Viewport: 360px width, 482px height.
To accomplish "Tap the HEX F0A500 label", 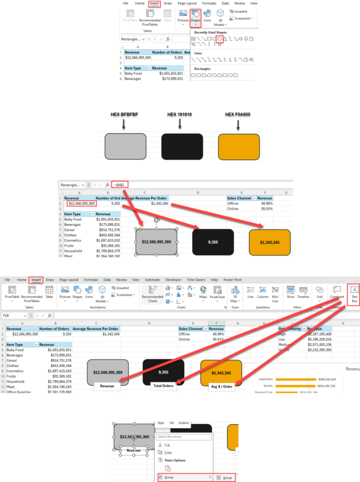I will tap(239, 114).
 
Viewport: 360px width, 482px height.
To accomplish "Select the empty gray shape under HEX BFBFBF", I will tap(125, 148).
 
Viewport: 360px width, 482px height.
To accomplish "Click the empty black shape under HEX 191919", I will tap(182, 148).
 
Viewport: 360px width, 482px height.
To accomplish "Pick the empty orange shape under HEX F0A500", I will tap(240, 148).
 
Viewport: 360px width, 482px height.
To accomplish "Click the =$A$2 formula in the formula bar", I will tap(120, 184).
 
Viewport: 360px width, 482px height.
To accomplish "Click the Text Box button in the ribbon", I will tap(354, 296).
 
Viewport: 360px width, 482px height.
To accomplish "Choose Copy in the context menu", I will tap(168, 452).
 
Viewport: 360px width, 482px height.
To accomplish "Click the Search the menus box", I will tap(181, 437).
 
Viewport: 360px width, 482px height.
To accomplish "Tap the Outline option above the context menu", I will tap(184, 424).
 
